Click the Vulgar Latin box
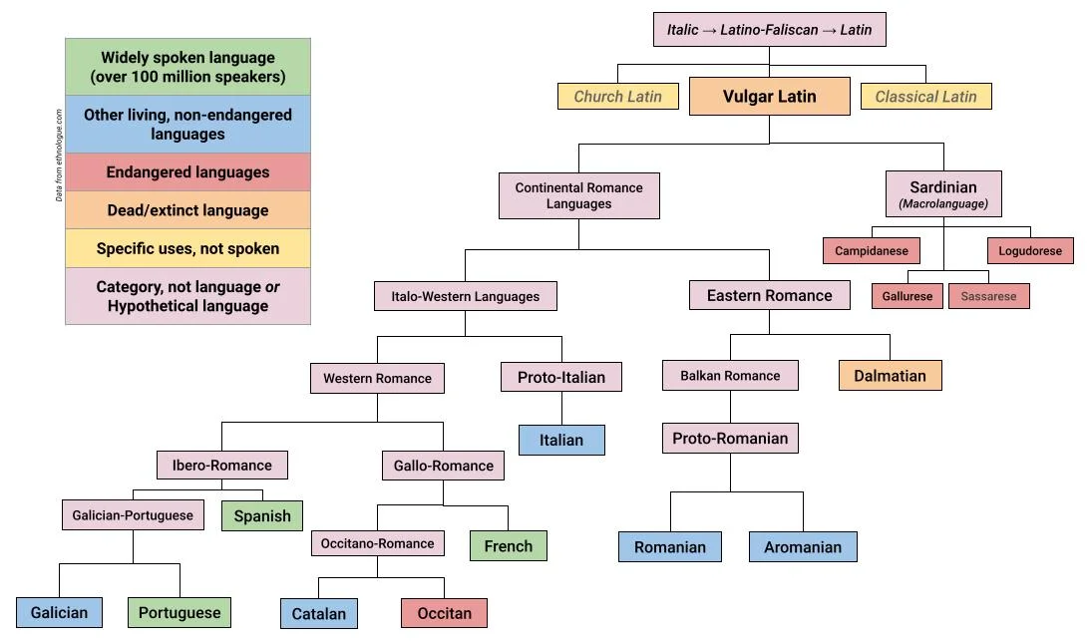point(769,97)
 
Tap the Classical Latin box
point(925,97)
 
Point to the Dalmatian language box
point(890,376)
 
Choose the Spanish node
point(262,515)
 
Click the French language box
point(509,545)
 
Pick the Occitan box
point(444,613)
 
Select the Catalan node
point(318,613)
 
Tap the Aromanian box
point(803,546)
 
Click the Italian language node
point(561,440)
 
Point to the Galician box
point(59,612)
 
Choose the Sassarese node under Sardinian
point(988,296)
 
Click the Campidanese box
point(872,251)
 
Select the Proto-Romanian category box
point(730,439)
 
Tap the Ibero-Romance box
point(221,466)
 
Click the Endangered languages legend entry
point(187,172)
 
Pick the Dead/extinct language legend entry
point(187,210)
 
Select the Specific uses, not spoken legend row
point(187,248)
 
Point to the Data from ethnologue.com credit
point(59,156)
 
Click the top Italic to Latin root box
point(769,30)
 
